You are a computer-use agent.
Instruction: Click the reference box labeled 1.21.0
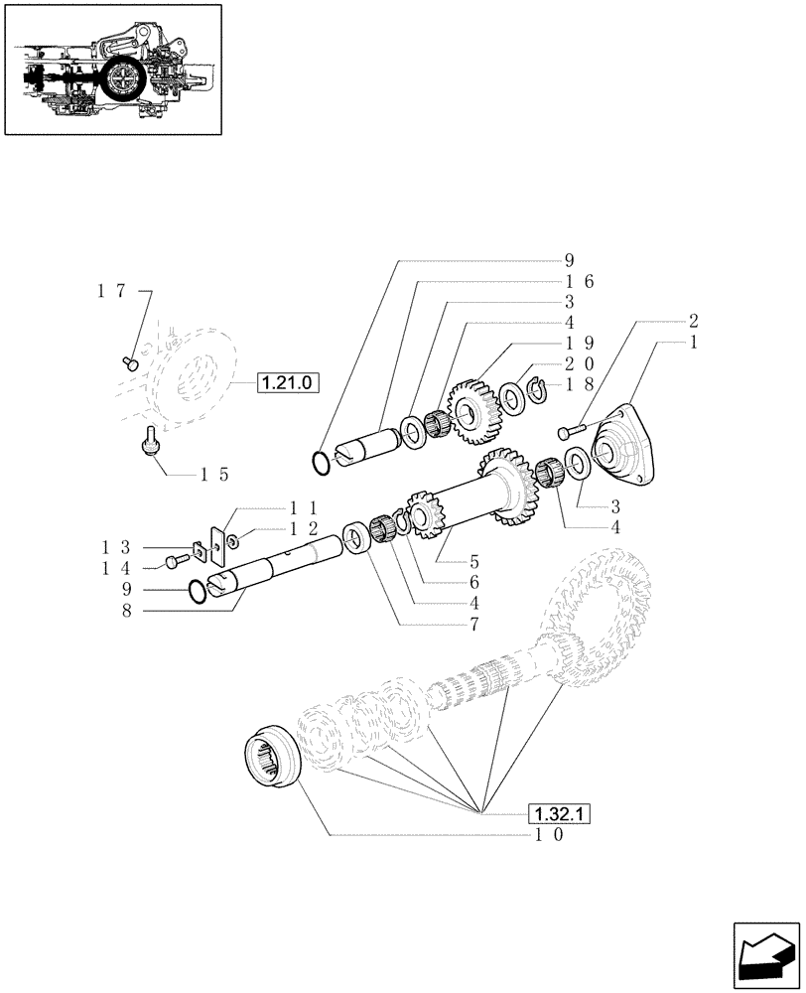point(288,381)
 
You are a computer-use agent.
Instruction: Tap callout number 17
point(111,291)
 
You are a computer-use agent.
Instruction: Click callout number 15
point(214,474)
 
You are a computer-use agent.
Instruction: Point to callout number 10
point(549,835)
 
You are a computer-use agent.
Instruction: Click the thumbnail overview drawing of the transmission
point(111,71)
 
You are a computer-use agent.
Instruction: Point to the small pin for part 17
point(129,362)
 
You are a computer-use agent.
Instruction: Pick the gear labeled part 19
point(474,409)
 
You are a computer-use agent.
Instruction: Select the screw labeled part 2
point(569,431)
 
